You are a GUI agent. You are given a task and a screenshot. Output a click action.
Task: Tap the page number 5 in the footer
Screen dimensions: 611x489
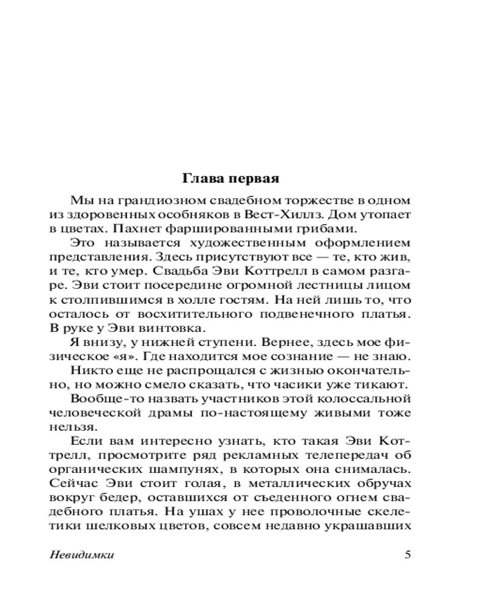point(408,555)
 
